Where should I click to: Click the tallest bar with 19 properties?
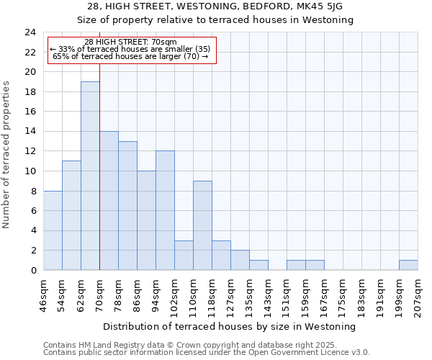pos(90,176)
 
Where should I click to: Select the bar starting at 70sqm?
pos(109,201)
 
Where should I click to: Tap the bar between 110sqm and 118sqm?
pos(202,225)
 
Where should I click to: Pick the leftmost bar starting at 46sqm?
pos(53,230)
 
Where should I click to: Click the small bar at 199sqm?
pos(408,265)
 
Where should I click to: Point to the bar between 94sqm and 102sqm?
pos(165,210)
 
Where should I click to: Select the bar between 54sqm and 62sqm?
pos(71,215)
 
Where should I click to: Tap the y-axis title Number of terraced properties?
pos(7,155)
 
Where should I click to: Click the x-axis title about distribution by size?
pos(230,327)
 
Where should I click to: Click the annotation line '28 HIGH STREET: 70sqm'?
pos(131,42)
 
